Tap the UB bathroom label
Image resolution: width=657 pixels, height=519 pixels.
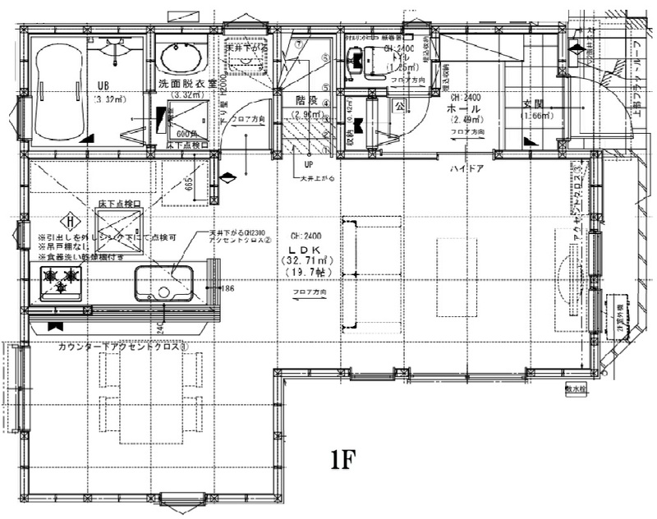coord(103,85)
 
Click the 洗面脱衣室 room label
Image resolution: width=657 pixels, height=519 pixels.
coord(187,84)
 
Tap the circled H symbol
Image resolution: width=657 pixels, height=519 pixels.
coord(72,220)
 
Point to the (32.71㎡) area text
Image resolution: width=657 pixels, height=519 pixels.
coord(300,260)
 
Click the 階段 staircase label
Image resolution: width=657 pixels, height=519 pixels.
coord(306,100)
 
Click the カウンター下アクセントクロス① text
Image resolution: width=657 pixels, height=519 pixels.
coord(123,347)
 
